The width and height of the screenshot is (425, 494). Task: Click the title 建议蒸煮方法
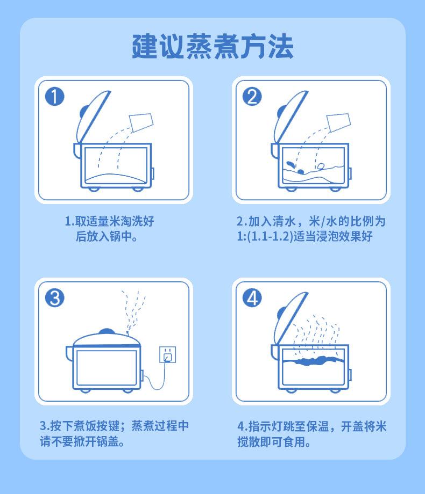pos(212,46)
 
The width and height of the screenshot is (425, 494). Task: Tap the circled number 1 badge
pos(55,97)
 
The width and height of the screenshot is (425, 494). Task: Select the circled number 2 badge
pos(252,97)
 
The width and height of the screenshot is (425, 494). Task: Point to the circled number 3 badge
pos(55,297)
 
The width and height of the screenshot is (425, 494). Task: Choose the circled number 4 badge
pos(252,297)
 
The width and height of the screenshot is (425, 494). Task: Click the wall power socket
pos(168,355)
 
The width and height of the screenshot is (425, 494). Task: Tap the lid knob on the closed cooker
pos(107,332)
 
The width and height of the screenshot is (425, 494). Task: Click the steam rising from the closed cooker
pos(133,311)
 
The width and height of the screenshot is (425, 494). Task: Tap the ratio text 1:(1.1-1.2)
pos(265,236)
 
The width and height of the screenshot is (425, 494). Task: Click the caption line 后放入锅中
pos(107,236)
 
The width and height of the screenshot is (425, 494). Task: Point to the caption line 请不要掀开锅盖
pos(82,441)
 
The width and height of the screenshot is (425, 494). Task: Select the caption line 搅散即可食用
pos(274,442)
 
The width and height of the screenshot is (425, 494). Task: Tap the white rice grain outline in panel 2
pos(321,166)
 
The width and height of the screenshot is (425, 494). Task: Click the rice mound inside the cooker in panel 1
pos(116,178)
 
